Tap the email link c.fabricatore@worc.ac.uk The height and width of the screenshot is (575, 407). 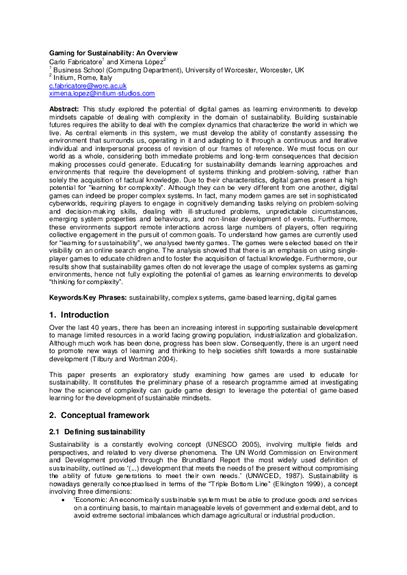point(88,86)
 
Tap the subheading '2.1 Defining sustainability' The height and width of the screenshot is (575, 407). point(96,432)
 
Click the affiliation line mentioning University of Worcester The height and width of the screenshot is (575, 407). point(179,70)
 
